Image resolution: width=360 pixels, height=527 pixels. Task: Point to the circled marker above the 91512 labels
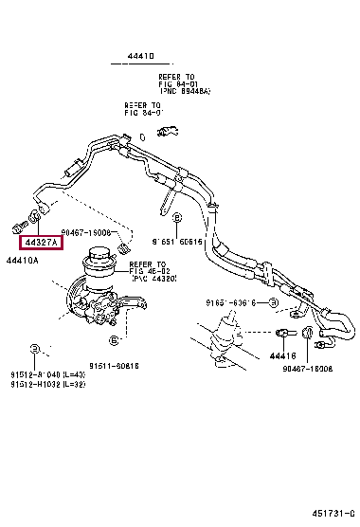pos(34,349)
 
